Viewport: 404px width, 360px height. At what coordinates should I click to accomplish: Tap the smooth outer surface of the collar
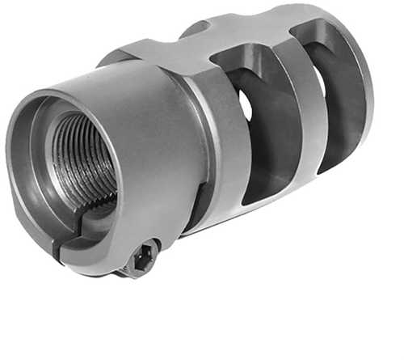[x=154, y=138]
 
